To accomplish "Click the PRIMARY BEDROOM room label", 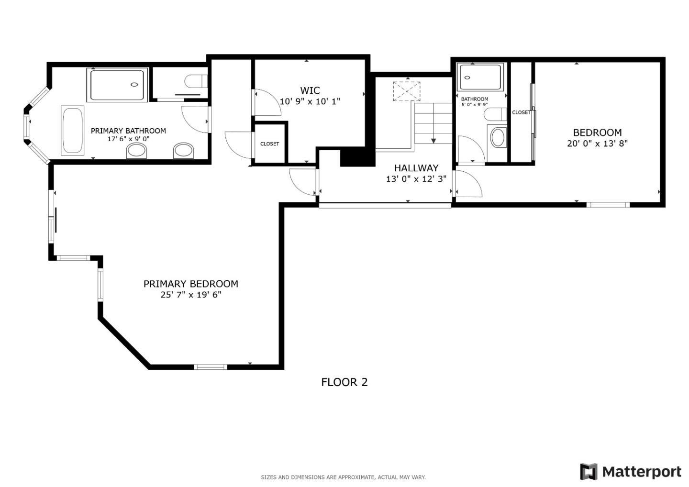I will coord(190,284).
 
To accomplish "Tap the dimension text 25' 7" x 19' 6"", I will coord(190,295).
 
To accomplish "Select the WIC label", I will coord(310,90).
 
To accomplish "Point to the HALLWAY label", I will coord(416,168).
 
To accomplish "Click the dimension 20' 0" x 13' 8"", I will coord(597,143).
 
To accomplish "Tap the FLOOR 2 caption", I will coord(344,382).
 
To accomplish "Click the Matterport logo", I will coord(631,472).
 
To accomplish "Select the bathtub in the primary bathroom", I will coord(72,130).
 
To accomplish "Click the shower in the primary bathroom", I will coord(117,85).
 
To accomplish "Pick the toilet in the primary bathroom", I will coord(195,81).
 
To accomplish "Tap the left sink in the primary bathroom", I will coord(137,151).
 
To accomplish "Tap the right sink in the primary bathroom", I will coord(184,151).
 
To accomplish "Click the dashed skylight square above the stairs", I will coord(406,91).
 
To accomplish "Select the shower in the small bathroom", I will coord(480,77).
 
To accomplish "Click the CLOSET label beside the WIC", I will coord(269,144).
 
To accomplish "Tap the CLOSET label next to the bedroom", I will coord(521,112).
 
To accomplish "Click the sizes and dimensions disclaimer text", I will coord(343,477).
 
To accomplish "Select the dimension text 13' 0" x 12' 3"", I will coord(416,179).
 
